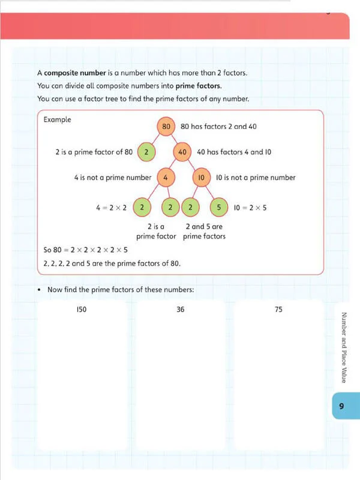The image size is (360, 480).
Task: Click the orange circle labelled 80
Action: tap(166, 127)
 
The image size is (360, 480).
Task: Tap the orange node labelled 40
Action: tap(183, 152)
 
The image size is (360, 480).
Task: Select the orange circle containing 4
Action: tap(165, 178)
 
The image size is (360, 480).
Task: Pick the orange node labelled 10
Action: tap(202, 178)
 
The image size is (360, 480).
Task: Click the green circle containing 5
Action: tap(220, 208)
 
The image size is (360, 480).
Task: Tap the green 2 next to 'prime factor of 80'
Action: tap(146, 152)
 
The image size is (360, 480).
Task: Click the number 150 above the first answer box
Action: tap(83, 310)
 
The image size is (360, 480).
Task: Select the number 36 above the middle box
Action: tap(180, 310)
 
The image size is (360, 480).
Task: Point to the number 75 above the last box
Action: tap(278, 310)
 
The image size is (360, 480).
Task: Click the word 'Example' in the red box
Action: tap(58, 119)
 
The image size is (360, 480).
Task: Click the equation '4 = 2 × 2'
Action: tap(111, 208)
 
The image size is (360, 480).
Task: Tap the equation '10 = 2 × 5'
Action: tap(250, 208)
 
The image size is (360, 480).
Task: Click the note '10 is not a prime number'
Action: tap(256, 178)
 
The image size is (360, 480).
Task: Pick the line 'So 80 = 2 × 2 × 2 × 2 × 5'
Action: tap(89, 250)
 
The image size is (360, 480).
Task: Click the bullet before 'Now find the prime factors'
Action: tap(39, 290)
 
